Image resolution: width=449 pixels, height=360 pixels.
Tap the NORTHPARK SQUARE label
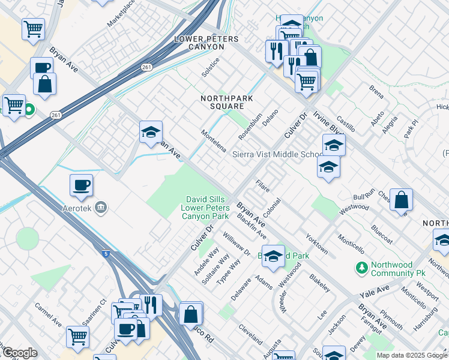coord(226,103)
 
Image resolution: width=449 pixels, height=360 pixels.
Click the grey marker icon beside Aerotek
coord(101,208)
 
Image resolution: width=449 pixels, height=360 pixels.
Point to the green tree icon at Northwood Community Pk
coord(361,266)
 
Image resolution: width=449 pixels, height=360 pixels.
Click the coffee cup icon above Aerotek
coord(81,185)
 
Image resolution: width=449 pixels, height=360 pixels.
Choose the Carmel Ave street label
coord(48,314)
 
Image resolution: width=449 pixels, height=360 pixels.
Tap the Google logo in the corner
coord(19,353)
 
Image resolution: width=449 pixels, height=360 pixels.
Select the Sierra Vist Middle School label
coord(278,154)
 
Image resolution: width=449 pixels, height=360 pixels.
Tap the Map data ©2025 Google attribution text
coord(412,355)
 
